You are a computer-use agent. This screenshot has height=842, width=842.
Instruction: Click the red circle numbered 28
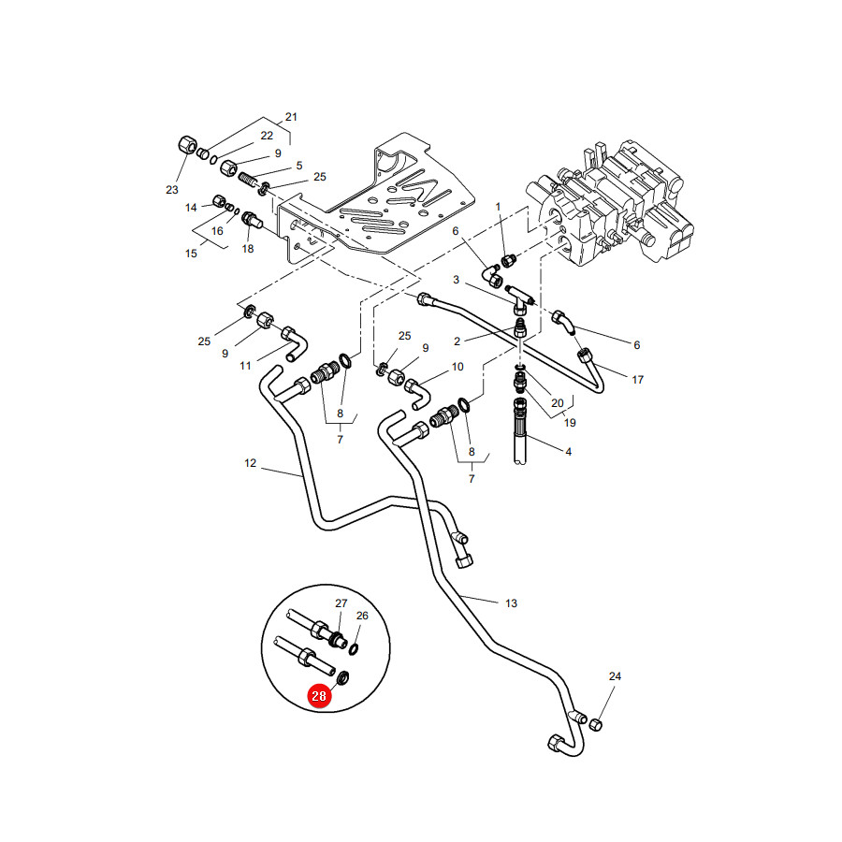coord(319,696)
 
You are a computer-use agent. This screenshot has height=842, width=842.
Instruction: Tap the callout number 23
coord(172,190)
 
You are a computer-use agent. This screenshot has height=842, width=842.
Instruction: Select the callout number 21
coord(291,117)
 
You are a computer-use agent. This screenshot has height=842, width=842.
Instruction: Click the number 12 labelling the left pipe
coord(250,463)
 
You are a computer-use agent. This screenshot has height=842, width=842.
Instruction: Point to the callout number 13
coord(511,603)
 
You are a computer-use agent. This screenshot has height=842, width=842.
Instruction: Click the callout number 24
coord(615,676)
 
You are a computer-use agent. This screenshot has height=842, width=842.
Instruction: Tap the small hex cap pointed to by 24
coord(596,725)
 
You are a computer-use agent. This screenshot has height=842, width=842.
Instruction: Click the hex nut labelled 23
coord(187,144)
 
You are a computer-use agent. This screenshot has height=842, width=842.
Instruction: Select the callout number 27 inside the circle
coord(341,603)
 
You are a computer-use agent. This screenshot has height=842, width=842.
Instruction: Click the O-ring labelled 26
coord(354,649)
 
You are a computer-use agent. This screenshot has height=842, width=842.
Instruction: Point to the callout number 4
coord(568,452)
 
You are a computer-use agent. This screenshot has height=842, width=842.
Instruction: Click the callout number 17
coord(637,380)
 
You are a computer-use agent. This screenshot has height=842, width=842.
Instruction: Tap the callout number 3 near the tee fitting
coord(456,279)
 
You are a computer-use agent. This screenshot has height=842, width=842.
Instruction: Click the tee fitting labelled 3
coord(518,299)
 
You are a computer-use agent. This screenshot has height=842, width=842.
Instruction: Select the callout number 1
coord(498,206)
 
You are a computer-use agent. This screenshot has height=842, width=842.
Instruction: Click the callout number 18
coord(248,249)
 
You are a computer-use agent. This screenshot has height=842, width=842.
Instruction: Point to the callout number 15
coord(191,254)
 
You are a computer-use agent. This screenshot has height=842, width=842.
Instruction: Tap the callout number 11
coord(245,366)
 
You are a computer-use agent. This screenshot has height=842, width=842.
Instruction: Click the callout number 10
coord(457,367)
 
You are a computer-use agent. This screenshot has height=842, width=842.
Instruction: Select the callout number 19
coord(570,423)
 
